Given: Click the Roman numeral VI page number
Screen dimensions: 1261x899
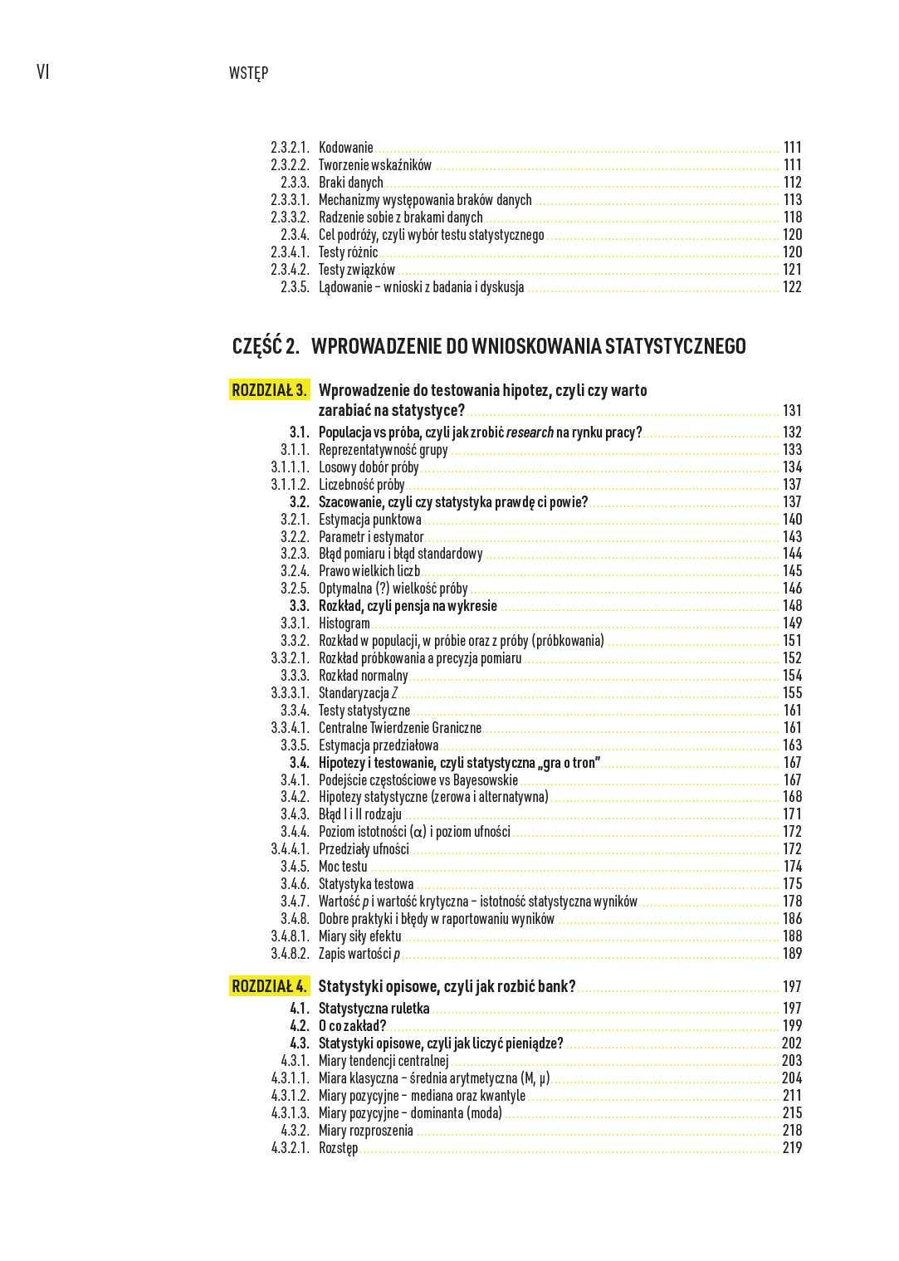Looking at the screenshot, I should point(43,72).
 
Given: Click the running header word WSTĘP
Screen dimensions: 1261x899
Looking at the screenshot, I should point(248,73).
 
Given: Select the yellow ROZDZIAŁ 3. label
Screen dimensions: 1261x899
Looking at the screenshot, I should point(270,390).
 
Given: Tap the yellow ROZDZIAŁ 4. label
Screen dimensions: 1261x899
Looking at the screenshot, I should point(270,986).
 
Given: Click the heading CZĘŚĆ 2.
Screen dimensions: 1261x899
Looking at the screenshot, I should point(266,346).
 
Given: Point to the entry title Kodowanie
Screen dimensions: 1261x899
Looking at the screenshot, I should point(345,148).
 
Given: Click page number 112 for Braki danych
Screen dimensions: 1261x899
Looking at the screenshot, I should point(792,183).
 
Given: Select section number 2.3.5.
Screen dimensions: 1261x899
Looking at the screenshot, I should point(295,287).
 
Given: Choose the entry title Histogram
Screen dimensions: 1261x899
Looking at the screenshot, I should point(344,623).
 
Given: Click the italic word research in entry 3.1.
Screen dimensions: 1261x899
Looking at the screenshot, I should point(530,433).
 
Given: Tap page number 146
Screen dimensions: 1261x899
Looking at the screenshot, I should point(792,589).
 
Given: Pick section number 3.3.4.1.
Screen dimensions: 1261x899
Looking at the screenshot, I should point(290,728).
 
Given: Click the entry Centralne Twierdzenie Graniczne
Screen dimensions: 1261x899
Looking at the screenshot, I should point(399,728).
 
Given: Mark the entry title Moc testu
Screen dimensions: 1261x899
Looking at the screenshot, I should point(342,867).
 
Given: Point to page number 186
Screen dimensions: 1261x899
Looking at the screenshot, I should point(792,919).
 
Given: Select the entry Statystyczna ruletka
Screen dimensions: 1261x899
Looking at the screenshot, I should point(374,1009).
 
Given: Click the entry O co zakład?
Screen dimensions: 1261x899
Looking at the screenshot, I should point(352,1026).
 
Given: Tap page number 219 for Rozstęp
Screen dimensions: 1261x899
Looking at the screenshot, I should point(792,1148).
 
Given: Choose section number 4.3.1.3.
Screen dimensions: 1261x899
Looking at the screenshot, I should point(290,1113).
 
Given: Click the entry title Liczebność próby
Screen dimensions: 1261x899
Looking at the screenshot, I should point(361,485).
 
